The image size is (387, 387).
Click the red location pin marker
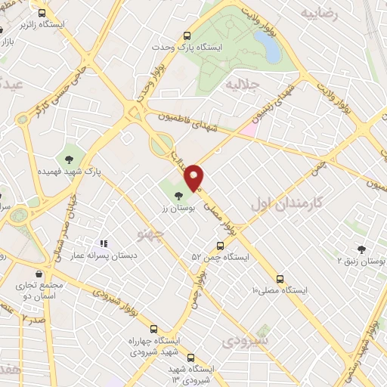(x=194, y=177)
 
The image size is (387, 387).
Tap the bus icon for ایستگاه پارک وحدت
(x=187, y=35)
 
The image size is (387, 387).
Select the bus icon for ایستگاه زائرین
(x=41, y=13)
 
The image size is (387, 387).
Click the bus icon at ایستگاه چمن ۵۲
(x=221, y=246)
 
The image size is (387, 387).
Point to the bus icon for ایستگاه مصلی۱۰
(x=280, y=278)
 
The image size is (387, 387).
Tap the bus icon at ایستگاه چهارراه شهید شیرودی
(x=154, y=330)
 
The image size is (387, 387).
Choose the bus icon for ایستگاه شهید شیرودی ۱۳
(x=190, y=358)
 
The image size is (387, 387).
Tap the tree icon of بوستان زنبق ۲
(x=361, y=249)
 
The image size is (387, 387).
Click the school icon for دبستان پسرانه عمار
(x=104, y=243)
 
